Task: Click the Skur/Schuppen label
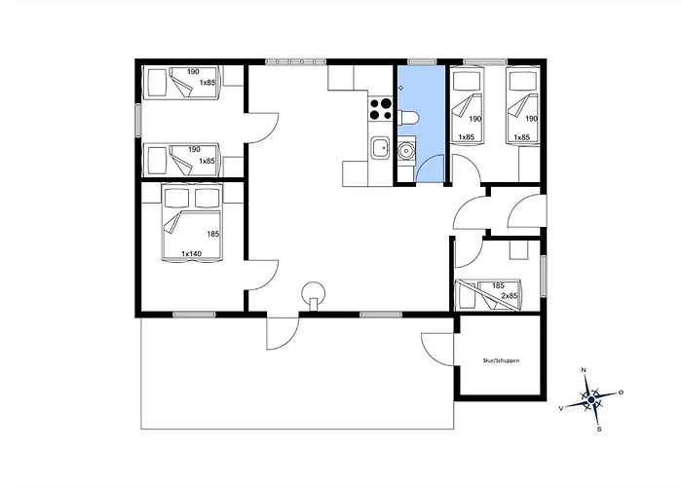(x=501, y=360)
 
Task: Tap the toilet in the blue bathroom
(x=408, y=118)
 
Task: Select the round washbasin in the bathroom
(x=406, y=151)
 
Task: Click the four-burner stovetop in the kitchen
(x=380, y=109)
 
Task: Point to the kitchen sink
(x=380, y=148)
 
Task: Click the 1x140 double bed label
(x=191, y=253)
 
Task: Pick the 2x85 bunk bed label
(x=510, y=296)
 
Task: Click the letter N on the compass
(x=584, y=370)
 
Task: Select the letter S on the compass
(x=599, y=430)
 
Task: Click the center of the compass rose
(x=591, y=399)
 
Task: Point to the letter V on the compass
(x=561, y=408)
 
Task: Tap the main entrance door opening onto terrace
(x=284, y=333)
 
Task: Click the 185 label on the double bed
(x=213, y=234)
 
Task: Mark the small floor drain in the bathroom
(x=400, y=89)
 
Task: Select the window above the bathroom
(x=422, y=61)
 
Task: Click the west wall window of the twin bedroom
(x=138, y=120)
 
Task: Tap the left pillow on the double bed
(x=177, y=198)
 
